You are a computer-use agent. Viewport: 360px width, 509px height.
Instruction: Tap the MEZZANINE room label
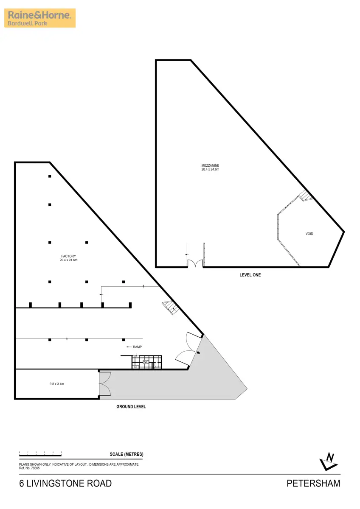pos(210,165)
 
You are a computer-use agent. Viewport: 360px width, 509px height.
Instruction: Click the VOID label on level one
pos(309,234)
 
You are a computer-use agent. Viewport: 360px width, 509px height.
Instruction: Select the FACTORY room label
pos(68,256)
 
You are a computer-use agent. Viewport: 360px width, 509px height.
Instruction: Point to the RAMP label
pos(137,347)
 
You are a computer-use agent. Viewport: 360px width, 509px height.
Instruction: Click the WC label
pos(145,362)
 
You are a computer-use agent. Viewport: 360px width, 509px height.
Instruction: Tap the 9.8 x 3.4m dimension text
pos(56,384)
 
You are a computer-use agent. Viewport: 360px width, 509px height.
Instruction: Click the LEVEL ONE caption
pos(250,275)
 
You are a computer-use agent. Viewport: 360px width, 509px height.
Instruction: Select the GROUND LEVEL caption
pos(131,406)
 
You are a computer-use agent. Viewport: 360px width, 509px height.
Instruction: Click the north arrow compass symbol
pos(329,461)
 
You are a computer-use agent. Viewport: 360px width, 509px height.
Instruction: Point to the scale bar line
pos(41,455)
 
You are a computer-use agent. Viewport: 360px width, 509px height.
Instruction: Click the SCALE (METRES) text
pos(127,455)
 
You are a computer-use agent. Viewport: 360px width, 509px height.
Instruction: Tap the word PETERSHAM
pos(313,483)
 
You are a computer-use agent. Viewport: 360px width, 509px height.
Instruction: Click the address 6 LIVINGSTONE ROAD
pos(65,483)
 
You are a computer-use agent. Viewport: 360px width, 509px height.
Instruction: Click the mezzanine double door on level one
pos(195,264)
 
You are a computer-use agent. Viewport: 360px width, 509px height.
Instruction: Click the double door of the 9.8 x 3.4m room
pos(104,384)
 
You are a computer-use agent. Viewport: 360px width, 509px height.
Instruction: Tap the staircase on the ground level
pos(170,308)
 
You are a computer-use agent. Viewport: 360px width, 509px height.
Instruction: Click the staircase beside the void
pos(305,196)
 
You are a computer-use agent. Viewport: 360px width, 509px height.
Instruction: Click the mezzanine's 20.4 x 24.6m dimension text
pos(210,169)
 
